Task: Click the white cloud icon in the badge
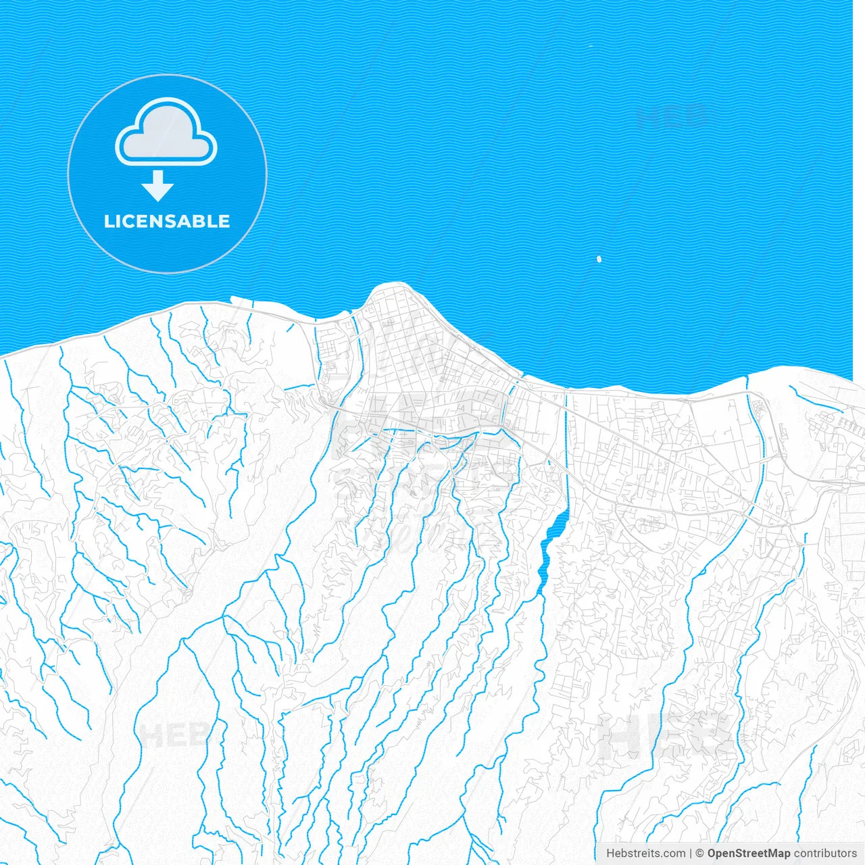tap(166, 133)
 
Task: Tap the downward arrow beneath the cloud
tap(158, 186)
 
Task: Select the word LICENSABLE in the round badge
tap(167, 222)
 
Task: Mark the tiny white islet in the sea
tap(599, 259)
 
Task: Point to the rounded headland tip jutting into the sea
tap(391, 287)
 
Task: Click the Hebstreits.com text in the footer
tap(645, 854)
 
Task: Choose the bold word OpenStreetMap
tap(748, 854)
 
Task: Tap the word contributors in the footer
tap(825, 854)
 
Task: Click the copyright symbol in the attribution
tap(700, 854)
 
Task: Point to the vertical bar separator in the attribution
tap(690, 854)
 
